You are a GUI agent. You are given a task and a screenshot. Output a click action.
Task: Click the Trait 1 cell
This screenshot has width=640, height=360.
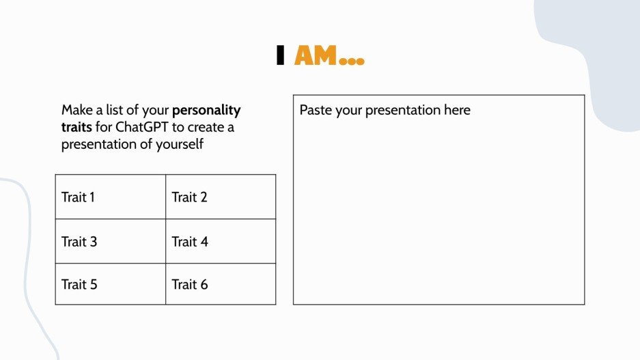click(x=110, y=197)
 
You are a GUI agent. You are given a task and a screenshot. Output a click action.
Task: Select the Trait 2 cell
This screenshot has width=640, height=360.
click(x=221, y=197)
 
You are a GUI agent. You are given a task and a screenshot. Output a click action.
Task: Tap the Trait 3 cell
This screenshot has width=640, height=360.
click(x=110, y=241)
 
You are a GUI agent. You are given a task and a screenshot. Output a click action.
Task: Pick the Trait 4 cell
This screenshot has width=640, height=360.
click(x=221, y=241)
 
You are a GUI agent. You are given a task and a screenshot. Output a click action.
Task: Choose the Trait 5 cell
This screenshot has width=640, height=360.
click(x=110, y=284)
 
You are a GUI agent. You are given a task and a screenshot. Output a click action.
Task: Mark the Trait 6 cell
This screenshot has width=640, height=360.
click(x=221, y=284)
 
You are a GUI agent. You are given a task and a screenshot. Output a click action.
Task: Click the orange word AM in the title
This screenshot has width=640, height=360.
click(x=316, y=56)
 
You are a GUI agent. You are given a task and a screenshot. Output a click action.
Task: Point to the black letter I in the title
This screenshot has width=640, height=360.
click(x=280, y=56)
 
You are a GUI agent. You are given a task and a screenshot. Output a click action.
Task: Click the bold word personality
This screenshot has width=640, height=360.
click(x=206, y=110)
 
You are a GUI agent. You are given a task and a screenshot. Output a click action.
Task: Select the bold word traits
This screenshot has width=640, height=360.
click(x=76, y=127)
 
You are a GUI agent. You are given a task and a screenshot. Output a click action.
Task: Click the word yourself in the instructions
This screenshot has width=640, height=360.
click(x=180, y=145)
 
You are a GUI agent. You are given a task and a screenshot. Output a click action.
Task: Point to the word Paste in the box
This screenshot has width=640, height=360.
click(x=316, y=110)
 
